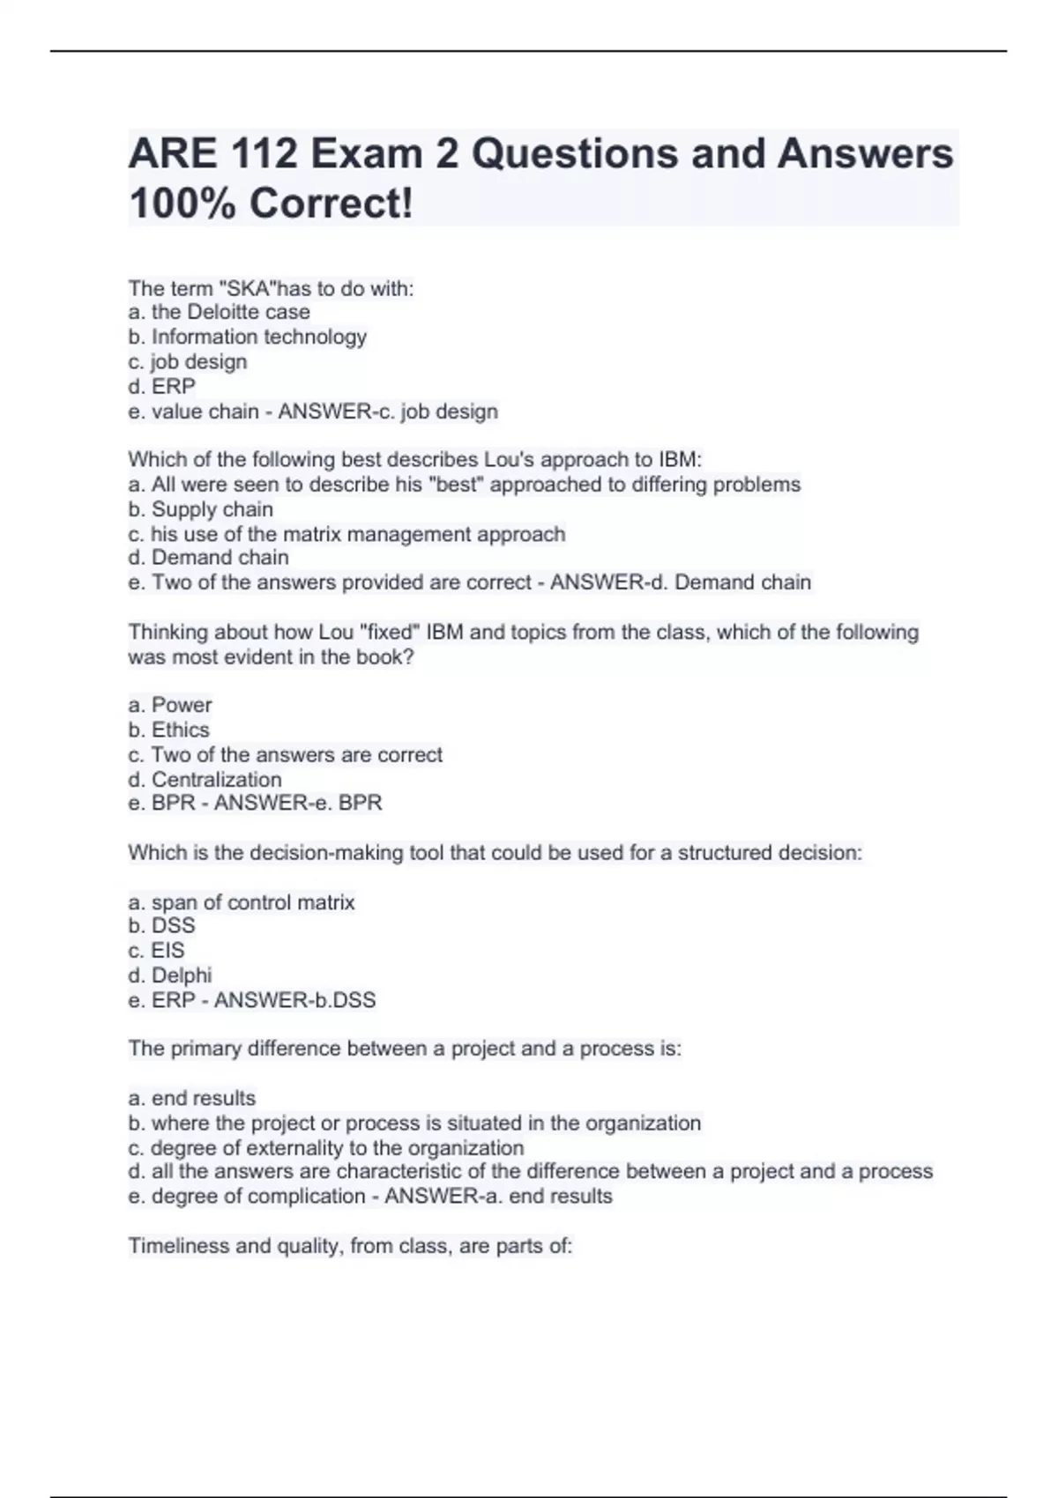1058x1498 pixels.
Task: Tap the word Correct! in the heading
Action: coord(331,204)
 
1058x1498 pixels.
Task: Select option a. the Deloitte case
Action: coord(219,312)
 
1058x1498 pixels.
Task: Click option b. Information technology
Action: coord(247,337)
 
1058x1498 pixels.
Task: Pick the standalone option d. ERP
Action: coord(162,386)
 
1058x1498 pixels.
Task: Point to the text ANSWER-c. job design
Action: coord(388,412)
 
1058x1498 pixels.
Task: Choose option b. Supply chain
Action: coord(201,509)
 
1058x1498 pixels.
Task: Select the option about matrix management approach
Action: coord(346,534)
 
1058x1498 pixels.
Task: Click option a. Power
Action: coord(170,705)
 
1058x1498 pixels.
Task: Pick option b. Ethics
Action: coord(168,730)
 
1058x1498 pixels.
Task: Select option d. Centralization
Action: coord(205,780)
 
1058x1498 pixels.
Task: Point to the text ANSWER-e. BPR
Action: coord(298,804)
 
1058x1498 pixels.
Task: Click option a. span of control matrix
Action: coord(242,902)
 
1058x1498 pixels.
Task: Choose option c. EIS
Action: coord(156,951)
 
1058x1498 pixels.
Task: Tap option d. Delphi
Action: coord(170,975)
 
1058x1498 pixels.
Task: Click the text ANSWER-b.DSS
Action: coord(294,1000)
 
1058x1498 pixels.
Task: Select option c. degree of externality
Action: coord(326,1148)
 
